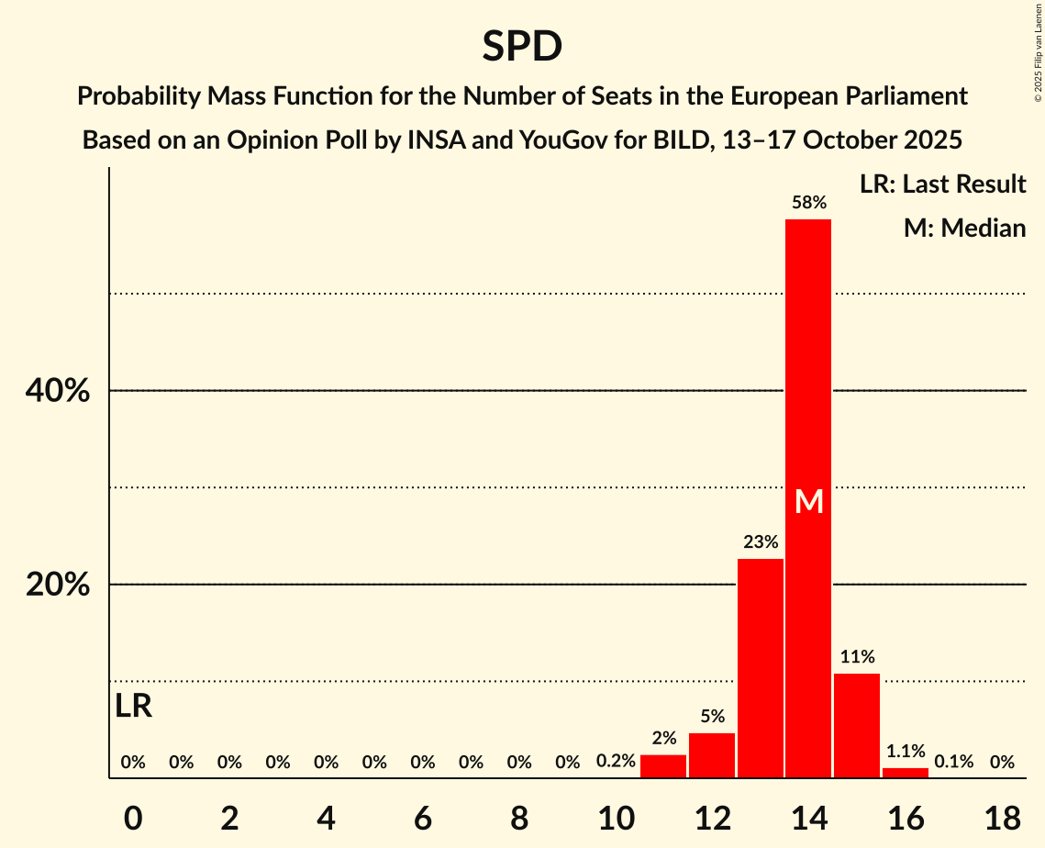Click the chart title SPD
pos(522,46)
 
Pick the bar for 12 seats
pos(712,755)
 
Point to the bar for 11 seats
pos(663,766)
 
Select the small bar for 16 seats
pos(905,773)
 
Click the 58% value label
pos(808,203)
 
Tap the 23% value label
pos(761,542)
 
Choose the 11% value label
pos(857,657)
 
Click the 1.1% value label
pos(905,752)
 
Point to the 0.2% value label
pos(616,762)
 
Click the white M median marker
pos(808,501)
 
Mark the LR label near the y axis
pos(134,707)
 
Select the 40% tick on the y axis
pos(57,391)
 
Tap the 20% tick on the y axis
pos(57,585)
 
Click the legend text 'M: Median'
pos(964,228)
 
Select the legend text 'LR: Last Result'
pos(942,184)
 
